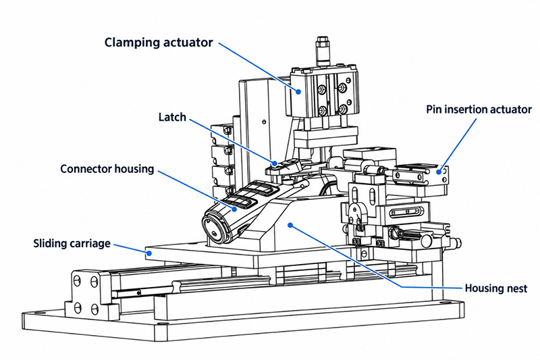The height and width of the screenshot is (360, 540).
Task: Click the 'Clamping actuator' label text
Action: [x=159, y=43]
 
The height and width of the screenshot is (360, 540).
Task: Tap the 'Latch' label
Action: [x=172, y=117]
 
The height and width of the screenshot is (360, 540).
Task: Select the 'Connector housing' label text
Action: [x=107, y=169]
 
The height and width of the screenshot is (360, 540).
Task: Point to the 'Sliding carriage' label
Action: [x=72, y=243]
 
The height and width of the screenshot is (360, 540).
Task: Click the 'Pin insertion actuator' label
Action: [x=479, y=109]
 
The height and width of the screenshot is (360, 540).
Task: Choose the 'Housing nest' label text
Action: [x=496, y=288]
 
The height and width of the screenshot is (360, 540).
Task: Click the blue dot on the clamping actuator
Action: [x=298, y=92]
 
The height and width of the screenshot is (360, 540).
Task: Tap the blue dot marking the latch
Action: [x=275, y=163]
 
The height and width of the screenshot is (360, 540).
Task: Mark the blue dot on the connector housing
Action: [x=234, y=209]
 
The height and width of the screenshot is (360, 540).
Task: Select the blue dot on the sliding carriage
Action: [x=149, y=253]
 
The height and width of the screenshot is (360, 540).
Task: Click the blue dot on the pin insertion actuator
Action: [x=438, y=172]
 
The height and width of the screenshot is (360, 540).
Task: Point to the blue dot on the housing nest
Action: [x=290, y=226]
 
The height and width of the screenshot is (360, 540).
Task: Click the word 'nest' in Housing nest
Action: [x=515, y=288]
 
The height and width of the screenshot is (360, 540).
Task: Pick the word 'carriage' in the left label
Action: [x=91, y=244]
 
